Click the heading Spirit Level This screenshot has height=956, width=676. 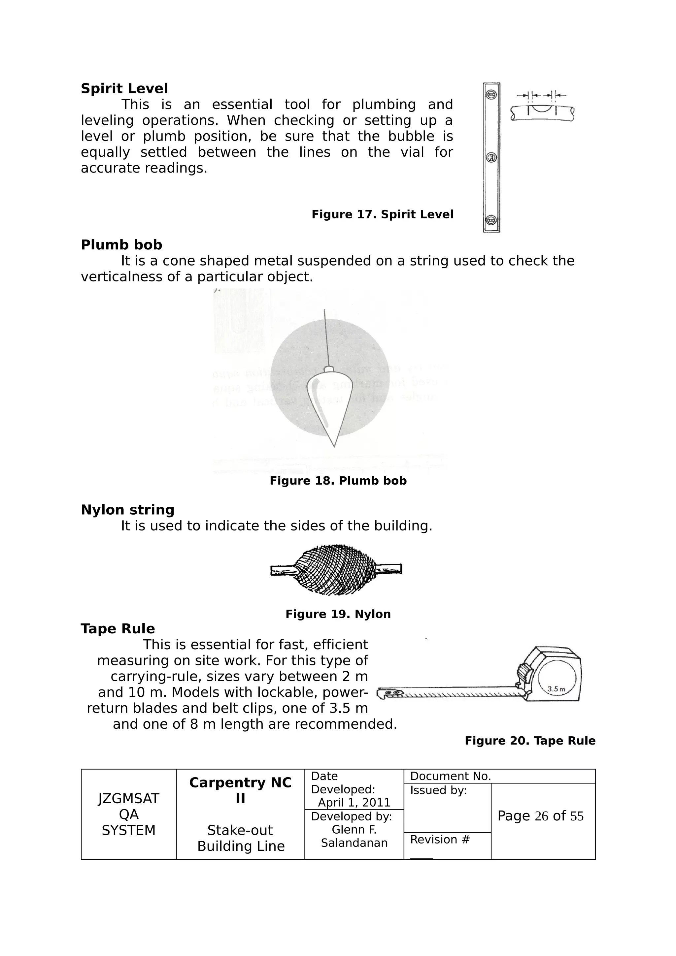tap(124, 89)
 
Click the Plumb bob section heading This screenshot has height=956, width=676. tap(121, 245)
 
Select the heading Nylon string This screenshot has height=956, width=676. tap(127, 510)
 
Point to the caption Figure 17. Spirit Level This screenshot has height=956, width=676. tap(382, 214)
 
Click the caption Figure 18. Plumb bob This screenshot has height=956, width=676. tap(338, 481)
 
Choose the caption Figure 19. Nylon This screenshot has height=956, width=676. tap(338, 614)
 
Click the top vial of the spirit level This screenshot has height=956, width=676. tap(491, 95)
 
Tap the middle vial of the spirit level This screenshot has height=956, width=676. tap(491, 157)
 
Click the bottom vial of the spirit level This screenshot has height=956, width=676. tap(491, 219)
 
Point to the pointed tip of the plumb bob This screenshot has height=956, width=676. tap(334, 446)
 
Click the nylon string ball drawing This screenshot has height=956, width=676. tap(336, 569)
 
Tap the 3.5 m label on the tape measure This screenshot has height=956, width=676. tap(556, 689)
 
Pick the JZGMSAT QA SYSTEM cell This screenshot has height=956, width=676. tap(128, 814)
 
